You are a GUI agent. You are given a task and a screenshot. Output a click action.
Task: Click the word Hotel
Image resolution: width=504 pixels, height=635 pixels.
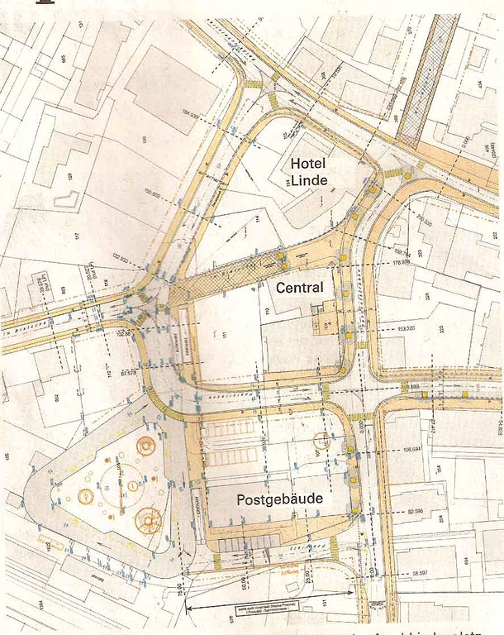click(309, 164)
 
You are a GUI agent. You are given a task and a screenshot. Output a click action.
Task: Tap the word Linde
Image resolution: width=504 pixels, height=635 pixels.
click(309, 180)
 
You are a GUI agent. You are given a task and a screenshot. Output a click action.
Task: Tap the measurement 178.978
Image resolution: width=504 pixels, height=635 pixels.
click(402, 264)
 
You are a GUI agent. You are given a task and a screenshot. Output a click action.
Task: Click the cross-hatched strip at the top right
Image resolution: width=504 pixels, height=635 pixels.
click(427, 79)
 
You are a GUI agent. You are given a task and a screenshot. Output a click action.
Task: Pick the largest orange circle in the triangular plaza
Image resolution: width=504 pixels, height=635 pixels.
click(149, 519)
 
